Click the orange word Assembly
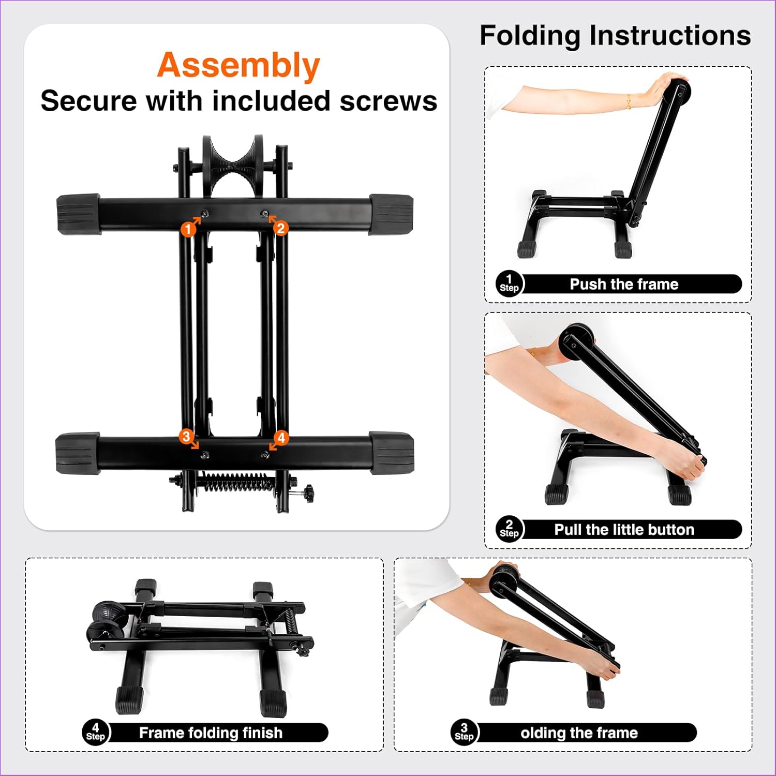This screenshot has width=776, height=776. tap(238, 66)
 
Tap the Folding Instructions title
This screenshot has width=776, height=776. tap(615, 36)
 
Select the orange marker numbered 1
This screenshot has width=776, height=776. tap(188, 228)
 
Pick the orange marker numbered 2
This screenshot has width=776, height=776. tap(281, 228)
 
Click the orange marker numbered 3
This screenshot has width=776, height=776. tap(186, 436)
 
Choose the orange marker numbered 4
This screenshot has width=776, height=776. tap(281, 438)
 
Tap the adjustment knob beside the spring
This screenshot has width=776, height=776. tap(309, 494)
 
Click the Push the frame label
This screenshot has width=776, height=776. tap(624, 284)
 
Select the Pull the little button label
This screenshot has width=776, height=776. tap(624, 530)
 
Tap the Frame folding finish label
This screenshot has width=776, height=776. tap(211, 733)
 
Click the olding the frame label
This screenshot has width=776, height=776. tap(579, 733)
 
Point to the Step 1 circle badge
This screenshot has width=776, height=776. tap(509, 283)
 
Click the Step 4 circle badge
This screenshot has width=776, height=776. tap(95, 733)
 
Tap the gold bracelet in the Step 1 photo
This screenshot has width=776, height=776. tap(629, 101)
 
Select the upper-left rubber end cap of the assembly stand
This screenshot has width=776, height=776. tap(78, 214)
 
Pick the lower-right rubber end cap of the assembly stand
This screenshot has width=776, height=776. tap(392, 453)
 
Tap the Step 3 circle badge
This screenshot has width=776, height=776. tap(464, 733)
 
